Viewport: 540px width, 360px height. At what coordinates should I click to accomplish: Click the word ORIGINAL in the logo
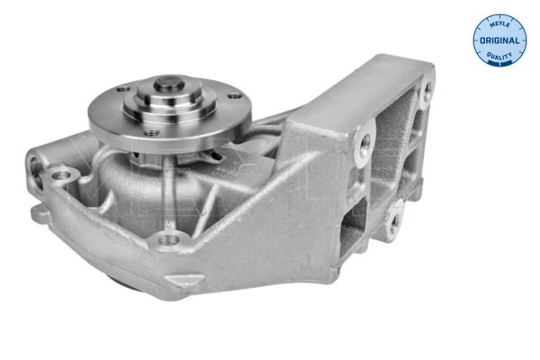click(499, 40)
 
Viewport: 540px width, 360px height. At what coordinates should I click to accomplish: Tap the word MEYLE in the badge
click(499, 24)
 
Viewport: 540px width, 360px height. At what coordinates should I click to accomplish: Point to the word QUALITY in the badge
click(499, 55)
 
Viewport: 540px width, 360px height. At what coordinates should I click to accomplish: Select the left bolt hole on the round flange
click(123, 89)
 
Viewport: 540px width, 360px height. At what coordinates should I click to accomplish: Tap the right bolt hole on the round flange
click(234, 96)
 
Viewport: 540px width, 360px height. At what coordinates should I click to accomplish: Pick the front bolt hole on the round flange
click(151, 132)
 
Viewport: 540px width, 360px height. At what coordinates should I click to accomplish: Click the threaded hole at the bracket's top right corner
click(427, 90)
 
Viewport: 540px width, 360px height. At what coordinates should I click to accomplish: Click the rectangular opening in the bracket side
click(354, 228)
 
